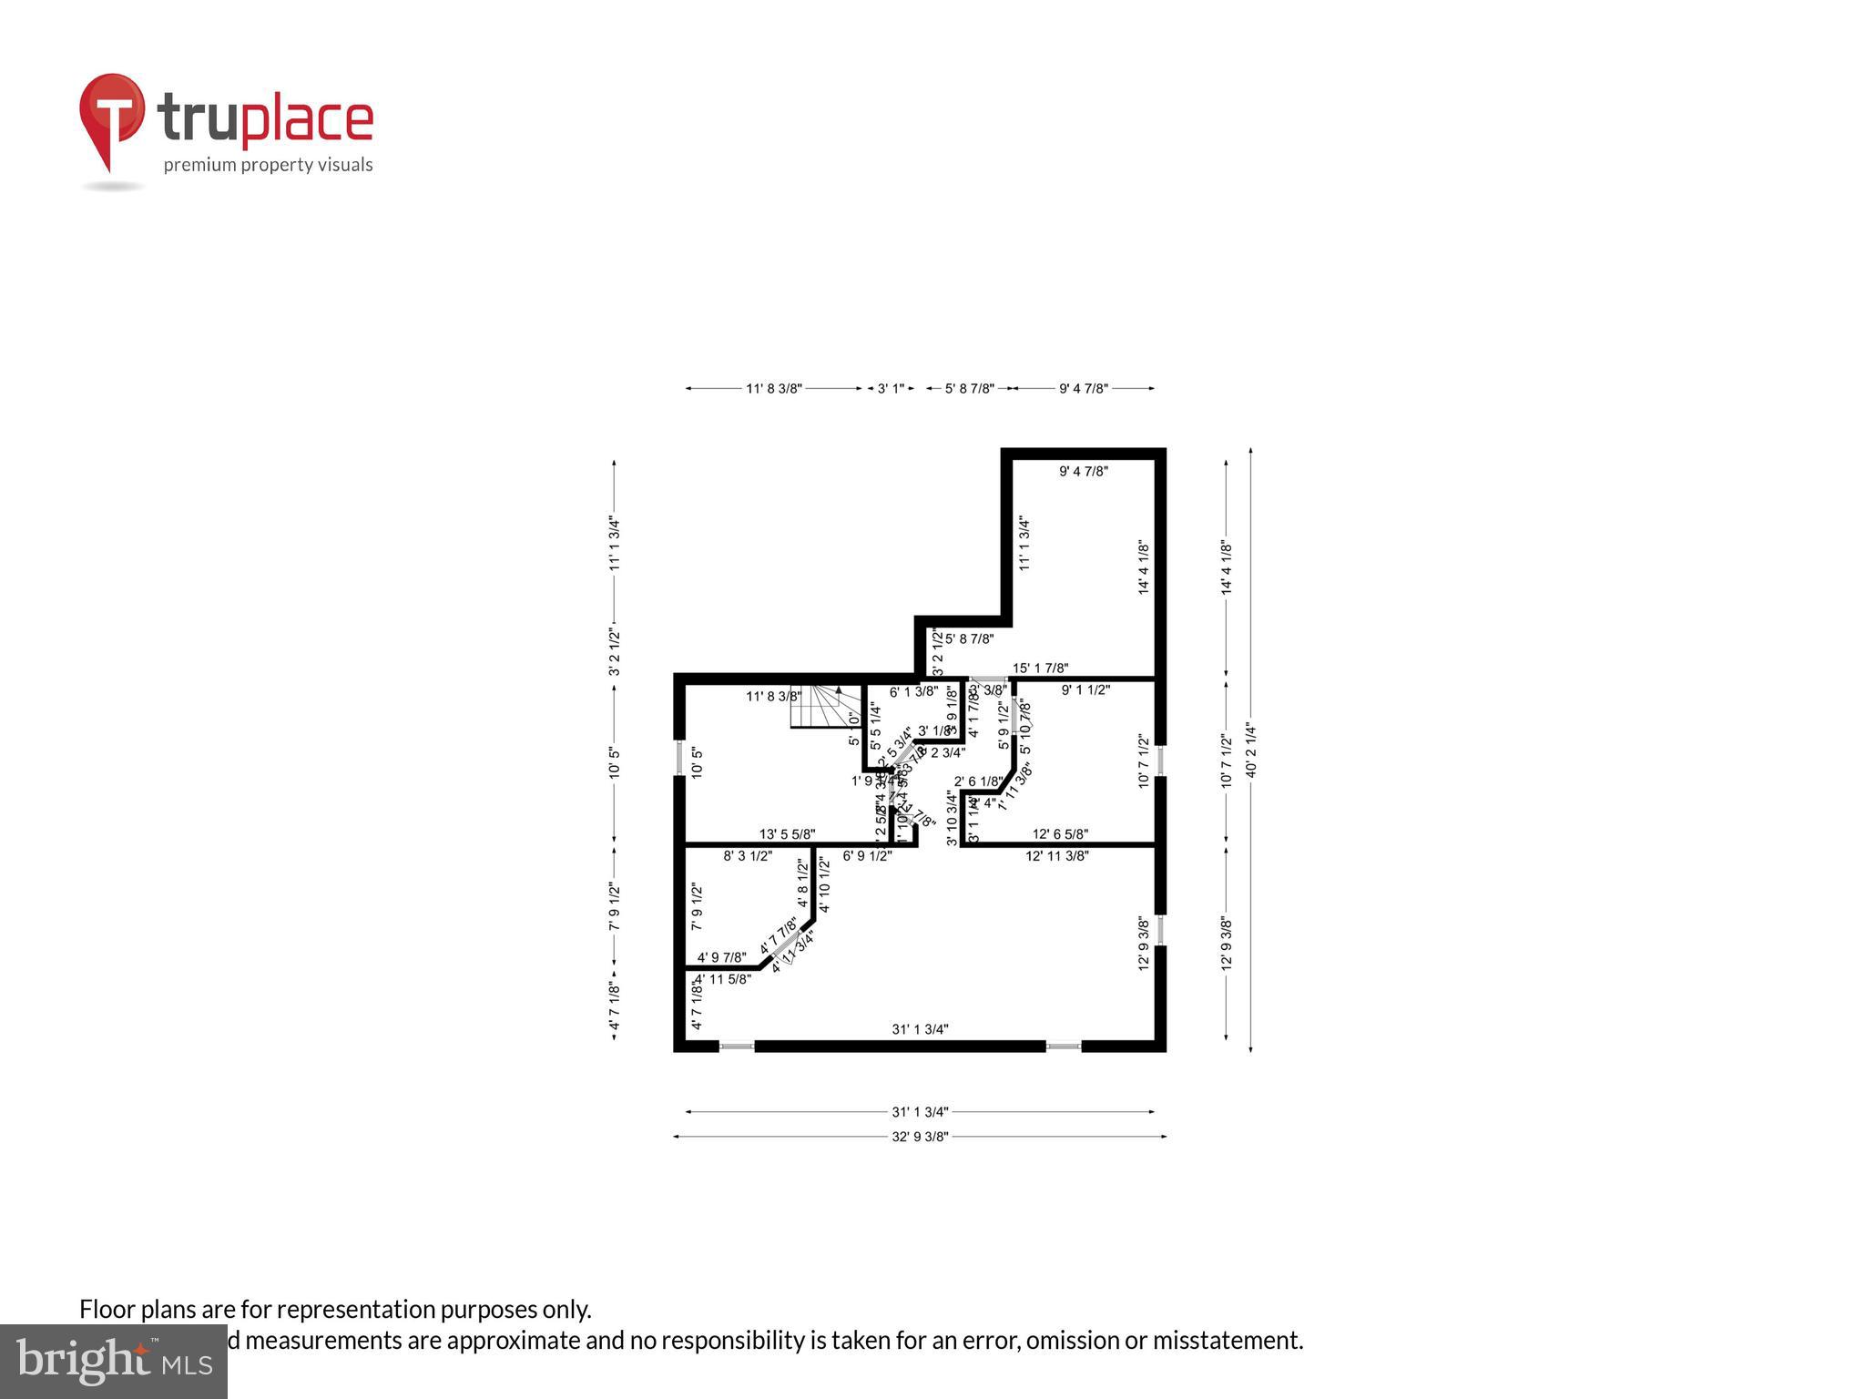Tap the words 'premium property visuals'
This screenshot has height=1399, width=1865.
click(x=268, y=165)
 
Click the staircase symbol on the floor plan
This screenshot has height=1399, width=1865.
click(x=825, y=707)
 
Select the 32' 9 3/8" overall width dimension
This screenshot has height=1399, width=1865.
click(x=920, y=1136)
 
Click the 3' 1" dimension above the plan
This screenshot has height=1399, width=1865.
click(x=891, y=389)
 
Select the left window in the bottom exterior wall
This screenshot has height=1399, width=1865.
click(x=737, y=1047)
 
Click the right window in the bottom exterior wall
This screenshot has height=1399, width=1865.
click(x=1063, y=1047)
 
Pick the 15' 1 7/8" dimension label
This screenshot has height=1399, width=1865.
click(x=1040, y=669)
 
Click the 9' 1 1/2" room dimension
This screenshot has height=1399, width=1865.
click(x=1085, y=690)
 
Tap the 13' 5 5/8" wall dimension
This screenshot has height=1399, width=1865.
click(x=787, y=834)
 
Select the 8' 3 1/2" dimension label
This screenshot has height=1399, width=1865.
click(x=748, y=856)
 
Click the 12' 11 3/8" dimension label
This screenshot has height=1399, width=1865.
click(x=1056, y=856)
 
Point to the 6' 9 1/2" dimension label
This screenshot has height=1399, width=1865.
click(x=867, y=856)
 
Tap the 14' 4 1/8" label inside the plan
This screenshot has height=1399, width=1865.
click(x=1144, y=568)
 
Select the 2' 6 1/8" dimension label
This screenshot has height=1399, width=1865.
click(x=978, y=781)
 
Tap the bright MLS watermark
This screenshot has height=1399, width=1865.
click(x=114, y=1361)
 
